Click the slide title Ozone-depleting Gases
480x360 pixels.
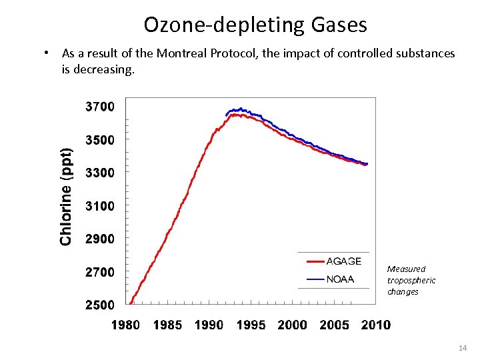pyautogui.click(x=255, y=25)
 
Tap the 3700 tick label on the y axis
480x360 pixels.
pyautogui.click(x=100, y=107)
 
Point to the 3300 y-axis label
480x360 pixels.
pyautogui.click(x=100, y=173)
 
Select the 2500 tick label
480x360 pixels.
pyautogui.click(x=100, y=305)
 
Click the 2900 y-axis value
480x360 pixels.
pyautogui.click(x=100, y=239)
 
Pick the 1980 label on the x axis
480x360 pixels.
pyautogui.click(x=125, y=325)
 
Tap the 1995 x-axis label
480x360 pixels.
pyautogui.click(x=251, y=325)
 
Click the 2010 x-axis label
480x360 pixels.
pyautogui.click(x=376, y=325)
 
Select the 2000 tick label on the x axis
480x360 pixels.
pyautogui.click(x=292, y=325)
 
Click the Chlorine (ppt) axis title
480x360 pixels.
pyautogui.click(x=67, y=196)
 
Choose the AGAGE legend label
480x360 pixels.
pyautogui.click(x=344, y=261)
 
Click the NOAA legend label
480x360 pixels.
pyautogui.click(x=341, y=279)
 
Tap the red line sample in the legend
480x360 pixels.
pyautogui.click(x=310, y=261)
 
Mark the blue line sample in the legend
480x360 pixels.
pyautogui.click(x=310, y=279)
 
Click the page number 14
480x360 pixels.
pyautogui.click(x=463, y=348)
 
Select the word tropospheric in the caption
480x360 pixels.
pyautogui.click(x=411, y=281)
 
